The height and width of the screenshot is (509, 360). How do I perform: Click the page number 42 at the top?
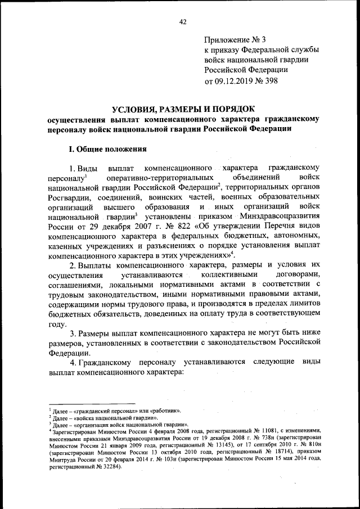(x=182, y=22)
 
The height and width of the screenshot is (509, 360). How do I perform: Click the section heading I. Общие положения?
(x=107, y=150)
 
